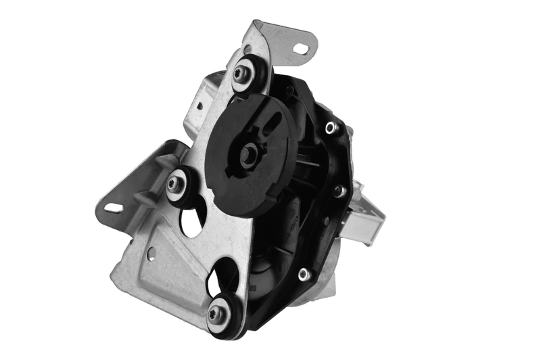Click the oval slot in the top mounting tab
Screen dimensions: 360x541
point(302,48)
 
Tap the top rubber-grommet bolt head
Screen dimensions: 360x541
point(242,73)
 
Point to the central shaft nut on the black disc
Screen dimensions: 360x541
point(250,154)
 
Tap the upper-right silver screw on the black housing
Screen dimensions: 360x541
point(330,127)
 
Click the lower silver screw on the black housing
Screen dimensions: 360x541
point(304,274)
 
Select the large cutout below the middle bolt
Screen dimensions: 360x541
point(192,221)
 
